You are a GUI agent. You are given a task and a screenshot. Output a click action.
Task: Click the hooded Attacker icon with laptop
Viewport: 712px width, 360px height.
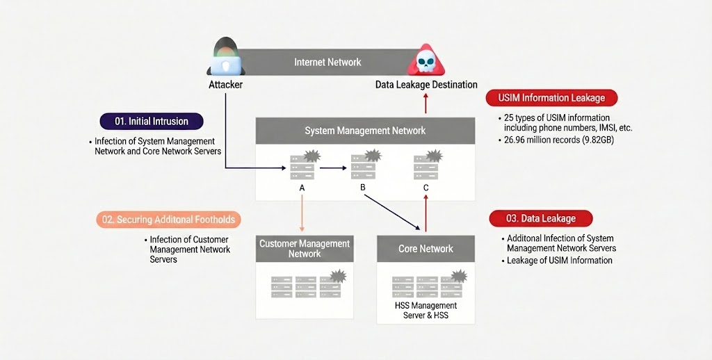tap(225, 60)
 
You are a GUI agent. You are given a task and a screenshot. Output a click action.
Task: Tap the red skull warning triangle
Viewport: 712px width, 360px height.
tap(426, 61)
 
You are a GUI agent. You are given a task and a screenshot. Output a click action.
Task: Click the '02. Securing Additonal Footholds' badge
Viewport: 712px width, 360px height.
tap(168, 220)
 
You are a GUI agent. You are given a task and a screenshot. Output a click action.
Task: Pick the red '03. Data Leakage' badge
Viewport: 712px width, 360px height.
tap(540, 218)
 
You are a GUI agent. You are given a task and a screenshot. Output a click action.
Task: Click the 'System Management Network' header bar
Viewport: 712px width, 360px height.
tap(365, 131)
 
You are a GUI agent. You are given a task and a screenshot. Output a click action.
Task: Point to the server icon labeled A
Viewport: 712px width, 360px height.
tap(302, 167)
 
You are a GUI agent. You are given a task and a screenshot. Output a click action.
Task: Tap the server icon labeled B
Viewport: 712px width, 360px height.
tap(364, 167)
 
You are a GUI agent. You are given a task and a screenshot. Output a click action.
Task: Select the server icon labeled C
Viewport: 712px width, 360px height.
tap(426, 167)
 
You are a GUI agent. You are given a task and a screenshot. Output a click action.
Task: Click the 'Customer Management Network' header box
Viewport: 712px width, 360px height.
tap(305, 249)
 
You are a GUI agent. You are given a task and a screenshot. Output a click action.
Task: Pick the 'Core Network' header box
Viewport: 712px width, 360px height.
tap(426, 249)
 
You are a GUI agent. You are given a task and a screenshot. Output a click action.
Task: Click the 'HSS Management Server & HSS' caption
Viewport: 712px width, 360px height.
tap(426, 310)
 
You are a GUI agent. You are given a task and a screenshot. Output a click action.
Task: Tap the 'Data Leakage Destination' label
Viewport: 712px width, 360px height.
tap(426, 85)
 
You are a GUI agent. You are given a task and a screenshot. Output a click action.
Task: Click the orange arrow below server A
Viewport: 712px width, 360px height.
tap(302, 212)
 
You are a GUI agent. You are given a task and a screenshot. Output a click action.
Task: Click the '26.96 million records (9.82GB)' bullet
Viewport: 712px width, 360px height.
tap(558, 140)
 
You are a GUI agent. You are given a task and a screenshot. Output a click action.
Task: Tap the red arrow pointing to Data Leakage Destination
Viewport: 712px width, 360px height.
tap(426, 104)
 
